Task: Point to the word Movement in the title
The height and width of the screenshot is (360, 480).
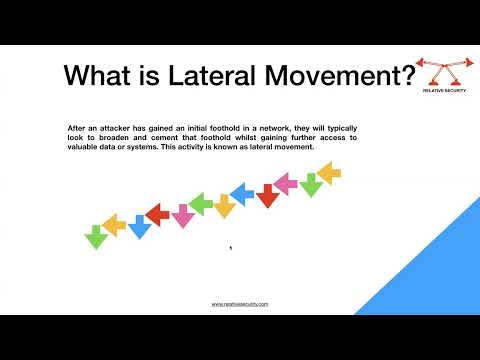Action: click(x=322, y=76)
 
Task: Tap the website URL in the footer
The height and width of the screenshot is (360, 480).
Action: click(x=240, y=303)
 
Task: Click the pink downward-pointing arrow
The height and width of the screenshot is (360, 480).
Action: click(x=183, y=216)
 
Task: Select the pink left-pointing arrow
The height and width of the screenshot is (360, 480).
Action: click(x=286, y=183)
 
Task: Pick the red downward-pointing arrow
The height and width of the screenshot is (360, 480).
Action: click(x=267, y=196)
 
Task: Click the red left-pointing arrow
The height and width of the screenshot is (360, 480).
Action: click(x=158, y=212)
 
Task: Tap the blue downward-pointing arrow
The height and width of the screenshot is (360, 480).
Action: click(x=139, y=228)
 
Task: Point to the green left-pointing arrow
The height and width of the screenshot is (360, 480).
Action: click(x=201, y=205)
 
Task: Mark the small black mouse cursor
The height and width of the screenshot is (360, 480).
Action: click(x=231, y=248)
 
